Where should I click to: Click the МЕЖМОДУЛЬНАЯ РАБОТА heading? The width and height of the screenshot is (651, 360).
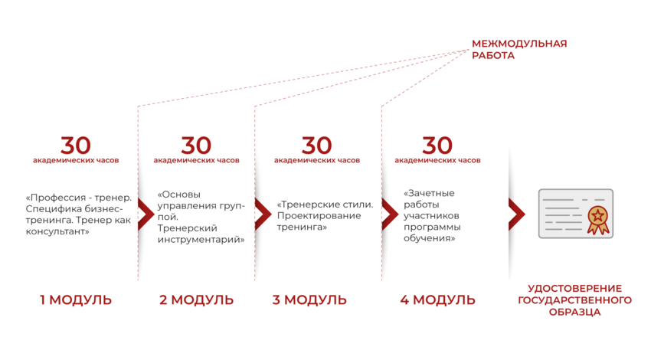click(x=519, y=50)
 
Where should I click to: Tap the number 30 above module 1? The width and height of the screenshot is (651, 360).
click(x=76, y=146)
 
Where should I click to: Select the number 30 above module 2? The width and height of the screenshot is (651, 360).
click(x=196, y=146)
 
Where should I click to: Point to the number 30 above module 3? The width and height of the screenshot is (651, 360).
click(x=317, y=146)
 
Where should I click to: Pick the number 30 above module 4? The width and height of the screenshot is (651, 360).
click(x=437, y=146)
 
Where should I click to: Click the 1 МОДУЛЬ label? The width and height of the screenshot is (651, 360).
click(x=76, y=299)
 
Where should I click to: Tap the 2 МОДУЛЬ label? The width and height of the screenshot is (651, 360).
click(x=196, y=299)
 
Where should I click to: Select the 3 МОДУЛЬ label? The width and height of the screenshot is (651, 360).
click(x=309, y=299)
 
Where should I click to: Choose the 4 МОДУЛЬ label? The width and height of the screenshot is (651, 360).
click(x=437, y=299)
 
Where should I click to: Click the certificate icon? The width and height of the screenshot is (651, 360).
click(x=576, y=214)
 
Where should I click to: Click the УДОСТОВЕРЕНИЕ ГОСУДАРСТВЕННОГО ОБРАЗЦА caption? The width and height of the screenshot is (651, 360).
click(x=574, y=300)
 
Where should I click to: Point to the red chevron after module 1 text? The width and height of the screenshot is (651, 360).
click(x=146, y=214)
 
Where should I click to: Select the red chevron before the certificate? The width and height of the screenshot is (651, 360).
click(x=516, y=214)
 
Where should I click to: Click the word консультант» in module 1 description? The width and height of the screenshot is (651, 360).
click(x=57, y=231)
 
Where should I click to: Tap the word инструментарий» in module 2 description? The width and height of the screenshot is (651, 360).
click(x=201, y=240)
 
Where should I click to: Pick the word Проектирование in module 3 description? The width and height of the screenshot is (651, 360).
click(x=319, y=216)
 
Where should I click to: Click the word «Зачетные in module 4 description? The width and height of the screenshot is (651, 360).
click(x=429, y=193)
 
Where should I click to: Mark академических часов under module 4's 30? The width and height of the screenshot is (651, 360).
click(x=437, y=160)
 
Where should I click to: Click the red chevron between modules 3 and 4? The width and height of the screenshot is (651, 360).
click(x=389, y=214)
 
